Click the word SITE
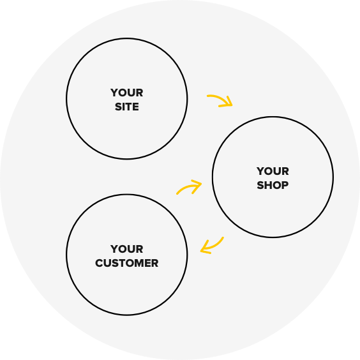coord(127,107)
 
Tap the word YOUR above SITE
coord(127,93)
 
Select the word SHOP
coord(273,185)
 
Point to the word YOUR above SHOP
coord(273,171)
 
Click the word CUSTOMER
coord(127,263)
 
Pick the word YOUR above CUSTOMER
coord(127,249)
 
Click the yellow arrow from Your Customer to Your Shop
coord(188,186)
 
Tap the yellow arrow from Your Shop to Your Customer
coord(214,246)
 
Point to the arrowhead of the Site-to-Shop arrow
coord(232,105)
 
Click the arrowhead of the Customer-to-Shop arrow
coord(200,184)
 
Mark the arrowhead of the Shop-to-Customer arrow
coord(202,250)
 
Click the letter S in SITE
coord(118,107)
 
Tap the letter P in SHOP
coord(285,185)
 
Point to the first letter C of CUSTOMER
coord(99,263)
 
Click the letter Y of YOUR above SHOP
coord(260,171)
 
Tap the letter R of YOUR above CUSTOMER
coord(140,249)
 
